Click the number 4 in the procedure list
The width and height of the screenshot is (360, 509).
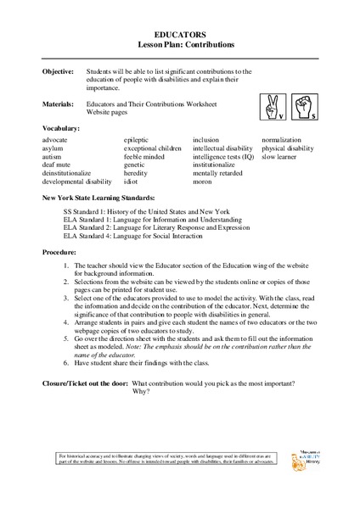coord(66,322)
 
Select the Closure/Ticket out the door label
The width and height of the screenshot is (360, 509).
coord(85,384)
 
